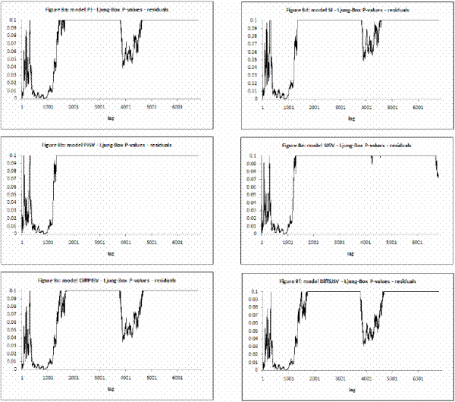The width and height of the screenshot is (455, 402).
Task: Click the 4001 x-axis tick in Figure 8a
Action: click(x=126, y=107)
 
